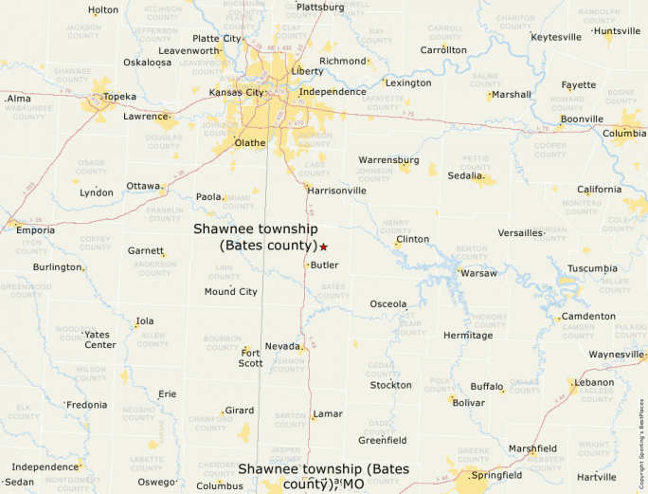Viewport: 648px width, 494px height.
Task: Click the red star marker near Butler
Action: pos(323,247)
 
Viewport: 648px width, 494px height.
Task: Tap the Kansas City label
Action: pos(236,93)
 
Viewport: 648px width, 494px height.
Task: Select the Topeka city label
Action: pos(119,97)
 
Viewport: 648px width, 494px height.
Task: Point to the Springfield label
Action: pos(496,475)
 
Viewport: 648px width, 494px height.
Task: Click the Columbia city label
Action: pos(624,134)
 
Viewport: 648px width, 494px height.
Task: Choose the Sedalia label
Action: pos(465,176)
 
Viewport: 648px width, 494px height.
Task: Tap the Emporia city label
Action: pos(35,229)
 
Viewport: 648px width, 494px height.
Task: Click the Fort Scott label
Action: pos(250,357)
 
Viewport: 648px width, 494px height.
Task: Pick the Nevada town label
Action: pos(281,346)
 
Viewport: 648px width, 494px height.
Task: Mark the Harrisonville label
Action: pos(336,191)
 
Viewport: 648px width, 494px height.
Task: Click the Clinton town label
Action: pos(412,239)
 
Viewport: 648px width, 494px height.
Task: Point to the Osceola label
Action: pos(387,303)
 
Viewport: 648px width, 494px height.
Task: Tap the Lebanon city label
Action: pos(595,382)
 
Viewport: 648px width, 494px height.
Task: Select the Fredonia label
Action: pos(86,405)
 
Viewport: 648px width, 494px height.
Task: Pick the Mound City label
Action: pos(230,291)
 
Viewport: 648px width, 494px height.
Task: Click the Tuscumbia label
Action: pos(592,268)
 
